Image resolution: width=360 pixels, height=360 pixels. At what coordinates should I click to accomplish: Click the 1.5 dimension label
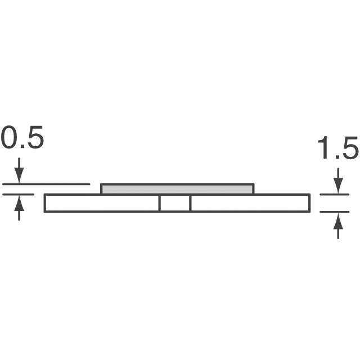[337, 150]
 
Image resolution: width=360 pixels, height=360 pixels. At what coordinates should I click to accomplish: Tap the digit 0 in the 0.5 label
[10, 139]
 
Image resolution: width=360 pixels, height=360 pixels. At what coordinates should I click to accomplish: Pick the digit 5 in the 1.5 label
[349, 150]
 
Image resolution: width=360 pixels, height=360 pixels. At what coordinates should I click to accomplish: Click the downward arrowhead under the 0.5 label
[19, 178]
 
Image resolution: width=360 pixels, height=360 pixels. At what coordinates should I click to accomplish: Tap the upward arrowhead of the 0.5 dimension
[19, 200]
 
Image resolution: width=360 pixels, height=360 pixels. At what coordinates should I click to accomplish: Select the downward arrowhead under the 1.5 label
[337, 188]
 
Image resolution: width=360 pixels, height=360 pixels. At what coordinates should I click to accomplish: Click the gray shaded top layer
[177, 189]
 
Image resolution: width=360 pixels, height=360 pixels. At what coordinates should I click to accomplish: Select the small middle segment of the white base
[175, 203]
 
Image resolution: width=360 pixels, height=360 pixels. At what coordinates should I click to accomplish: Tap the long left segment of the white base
[102, 203]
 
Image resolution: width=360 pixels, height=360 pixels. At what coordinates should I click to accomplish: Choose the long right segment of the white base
[250, 203]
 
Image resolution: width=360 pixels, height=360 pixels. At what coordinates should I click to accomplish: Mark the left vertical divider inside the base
[160, 203]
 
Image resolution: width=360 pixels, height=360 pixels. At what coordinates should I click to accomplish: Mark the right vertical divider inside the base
[190, 203]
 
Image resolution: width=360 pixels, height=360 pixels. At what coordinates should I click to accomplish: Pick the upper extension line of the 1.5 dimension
[335, 195]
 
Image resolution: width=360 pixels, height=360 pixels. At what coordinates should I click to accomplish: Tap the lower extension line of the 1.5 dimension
[335, 212]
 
